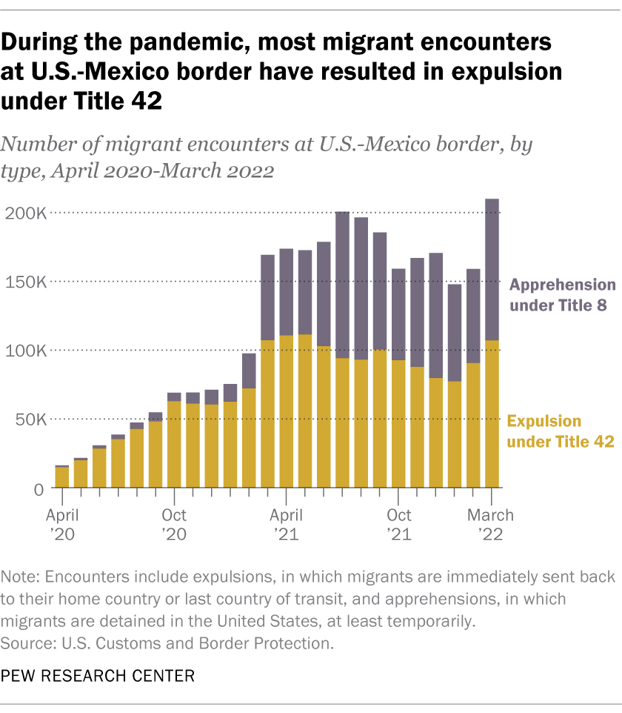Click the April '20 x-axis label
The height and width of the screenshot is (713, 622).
pos(62,525)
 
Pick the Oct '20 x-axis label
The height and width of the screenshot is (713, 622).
pos(174,525)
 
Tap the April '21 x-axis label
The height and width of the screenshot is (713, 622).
pos(286,525)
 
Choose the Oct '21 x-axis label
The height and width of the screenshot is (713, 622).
pos(398,525)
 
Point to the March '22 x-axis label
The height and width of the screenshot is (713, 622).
pos(490,525)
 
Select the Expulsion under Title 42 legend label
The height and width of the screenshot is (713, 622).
pos(561,431)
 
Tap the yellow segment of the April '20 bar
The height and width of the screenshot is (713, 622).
pos(62,477)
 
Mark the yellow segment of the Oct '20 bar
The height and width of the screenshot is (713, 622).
pos(174,445)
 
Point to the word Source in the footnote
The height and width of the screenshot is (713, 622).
pos(24,641)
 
